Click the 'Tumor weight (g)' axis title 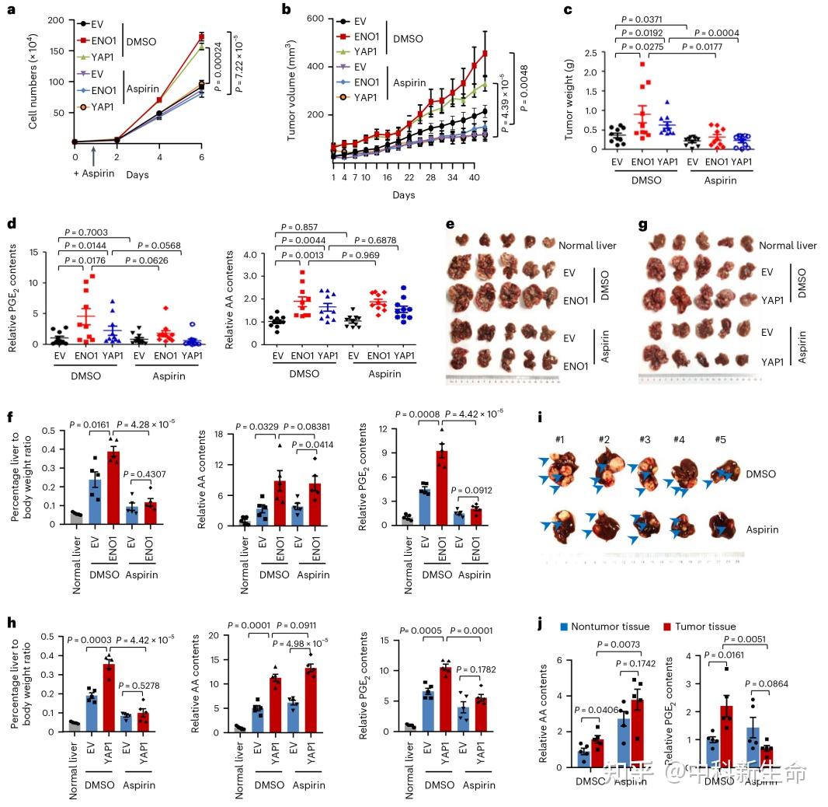coord(569,102)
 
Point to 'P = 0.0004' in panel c coord(716,33)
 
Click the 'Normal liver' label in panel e coord(587,246)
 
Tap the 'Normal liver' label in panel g coord(788,246)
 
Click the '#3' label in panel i coord(644,439)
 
